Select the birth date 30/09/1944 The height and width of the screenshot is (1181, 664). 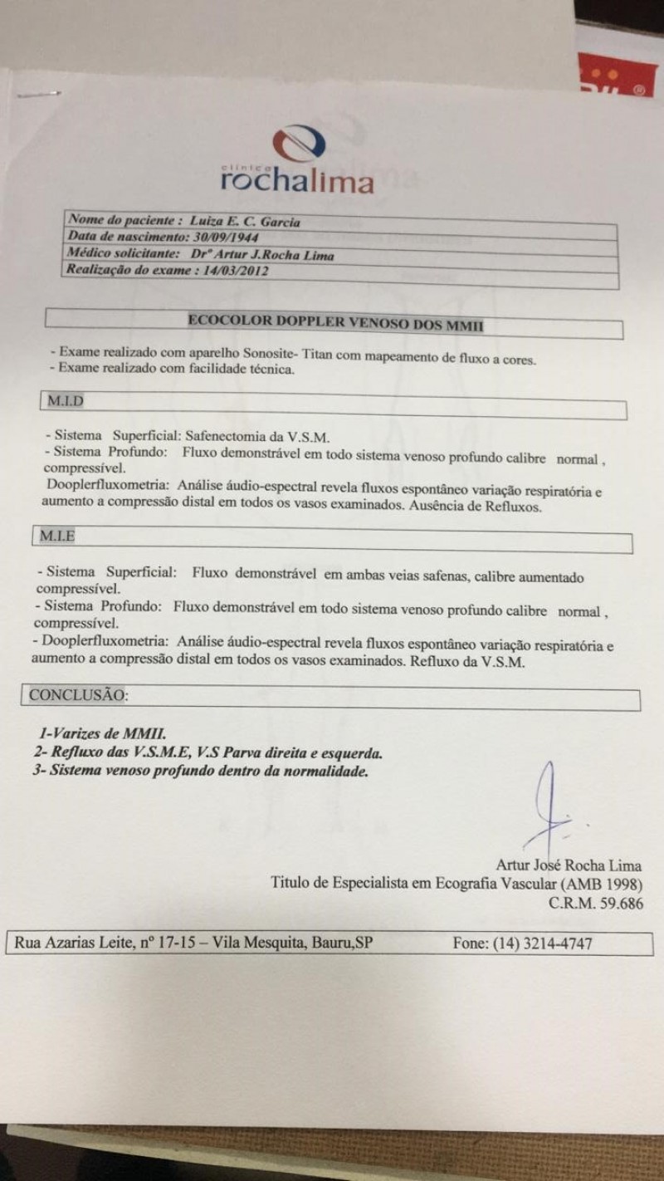coord(229,238)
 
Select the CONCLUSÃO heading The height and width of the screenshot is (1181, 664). coord(78,693)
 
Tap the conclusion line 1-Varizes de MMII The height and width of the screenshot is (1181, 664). coord(104,734)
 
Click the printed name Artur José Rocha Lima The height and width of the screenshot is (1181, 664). coord(569,865)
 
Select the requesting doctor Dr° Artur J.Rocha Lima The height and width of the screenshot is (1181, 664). coord(262,255)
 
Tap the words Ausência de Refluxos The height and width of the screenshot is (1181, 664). coord(476,507)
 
